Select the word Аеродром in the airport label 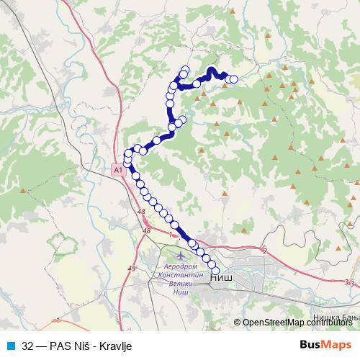pos(175,267)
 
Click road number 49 pos(131,269)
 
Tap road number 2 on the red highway pos(265,251)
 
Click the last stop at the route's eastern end pos(233,79)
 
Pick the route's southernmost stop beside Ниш pos(215,271)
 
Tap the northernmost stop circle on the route pos(186,70)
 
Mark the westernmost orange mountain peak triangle pos(24,191)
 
